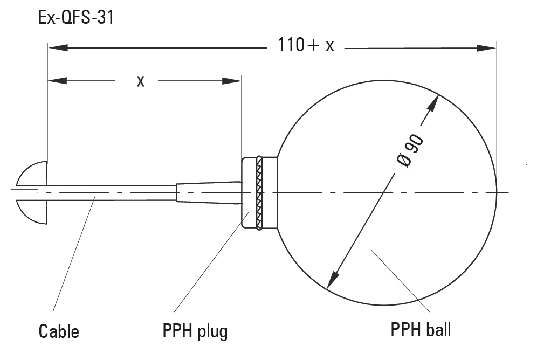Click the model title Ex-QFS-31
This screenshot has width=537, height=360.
click(75, 18)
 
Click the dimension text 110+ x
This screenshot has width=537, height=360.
click(306, 45)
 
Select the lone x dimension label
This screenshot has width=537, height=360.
click(140, 81)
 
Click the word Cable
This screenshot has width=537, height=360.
click(59, 331)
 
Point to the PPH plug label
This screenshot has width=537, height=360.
click(195, 331)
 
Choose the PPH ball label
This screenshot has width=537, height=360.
click(421, 329)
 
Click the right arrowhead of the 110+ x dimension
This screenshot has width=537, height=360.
click(486, 48)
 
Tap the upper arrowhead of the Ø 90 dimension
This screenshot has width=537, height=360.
click(433, 105)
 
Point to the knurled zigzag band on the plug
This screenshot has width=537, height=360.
click(260, 193)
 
